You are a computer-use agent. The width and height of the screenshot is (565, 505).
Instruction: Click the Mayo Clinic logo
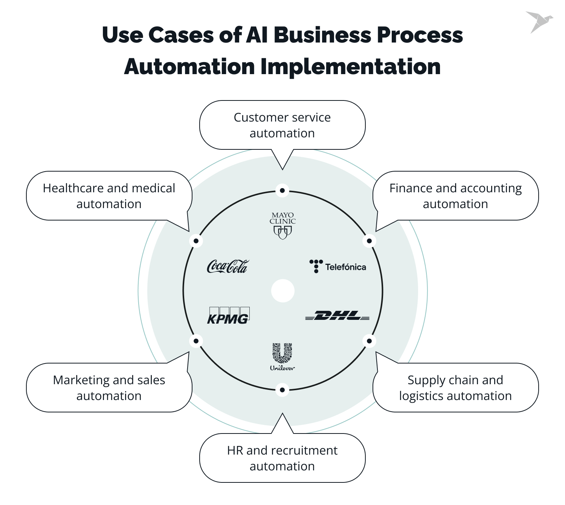pos(282,226)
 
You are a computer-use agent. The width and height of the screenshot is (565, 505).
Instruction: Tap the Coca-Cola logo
pos(228,266)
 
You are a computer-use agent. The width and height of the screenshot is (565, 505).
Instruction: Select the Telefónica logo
pos(337,266)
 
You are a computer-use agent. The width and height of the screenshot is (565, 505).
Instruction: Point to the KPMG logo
pos(228,316)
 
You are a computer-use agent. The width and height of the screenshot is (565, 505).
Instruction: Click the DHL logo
pos(337,316)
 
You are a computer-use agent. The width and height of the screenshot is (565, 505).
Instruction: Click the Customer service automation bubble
pos(282,125)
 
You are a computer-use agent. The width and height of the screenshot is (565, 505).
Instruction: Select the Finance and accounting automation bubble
pos(455,196)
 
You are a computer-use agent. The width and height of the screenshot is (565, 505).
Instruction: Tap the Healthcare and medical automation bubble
pos(109,196)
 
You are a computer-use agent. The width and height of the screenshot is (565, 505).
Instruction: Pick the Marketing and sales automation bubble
pos(109,388)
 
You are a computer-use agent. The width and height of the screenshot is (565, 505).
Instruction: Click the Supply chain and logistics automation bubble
pos(455,388)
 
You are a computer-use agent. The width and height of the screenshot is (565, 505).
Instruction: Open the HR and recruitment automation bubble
pos(282,458)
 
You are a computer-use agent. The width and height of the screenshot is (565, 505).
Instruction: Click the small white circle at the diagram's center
pos(282,291)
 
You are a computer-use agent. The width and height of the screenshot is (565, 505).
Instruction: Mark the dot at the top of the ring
pos(282,190)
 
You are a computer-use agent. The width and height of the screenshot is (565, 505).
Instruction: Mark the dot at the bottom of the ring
pos(282,390)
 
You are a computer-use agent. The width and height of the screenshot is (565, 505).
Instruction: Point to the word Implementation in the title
pos(350,67)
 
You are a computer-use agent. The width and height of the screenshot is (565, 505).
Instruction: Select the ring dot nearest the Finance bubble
pos(369,241)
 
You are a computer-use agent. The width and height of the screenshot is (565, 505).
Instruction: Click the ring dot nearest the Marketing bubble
pos(196,341)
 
